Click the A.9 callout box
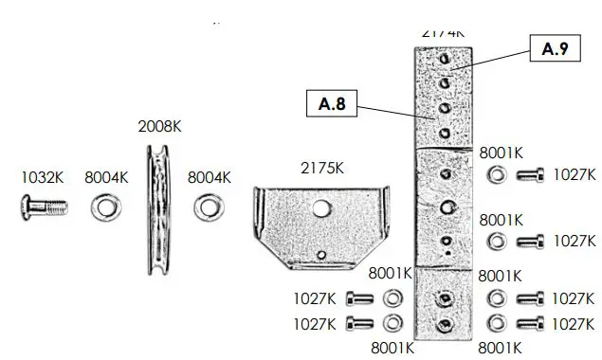pos(555,49)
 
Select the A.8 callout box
pos(331,102)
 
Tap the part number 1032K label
pos(43,175)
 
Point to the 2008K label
pos(160,126)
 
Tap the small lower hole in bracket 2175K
pos(323,253)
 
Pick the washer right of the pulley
pos(207,205)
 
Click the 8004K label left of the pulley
pos(106,175)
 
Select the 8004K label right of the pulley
pos(210,175)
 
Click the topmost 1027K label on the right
pos(575,174)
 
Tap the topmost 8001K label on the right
pos(501,152)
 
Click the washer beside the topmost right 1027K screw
pos(495,174)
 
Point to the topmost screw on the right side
pos(530,174)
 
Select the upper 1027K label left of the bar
pos(319,297)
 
